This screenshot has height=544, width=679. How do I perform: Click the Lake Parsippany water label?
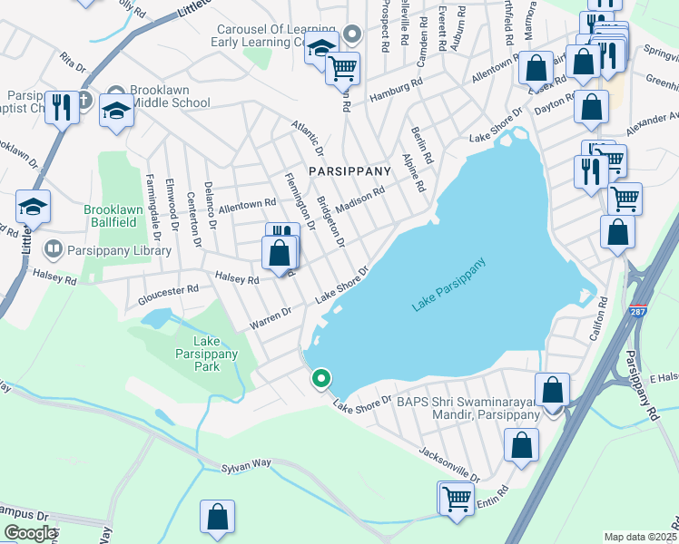click(449, 286)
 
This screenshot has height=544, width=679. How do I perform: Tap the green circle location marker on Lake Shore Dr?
click(320, 379)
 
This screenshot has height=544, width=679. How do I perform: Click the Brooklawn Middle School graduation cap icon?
click(116, 111)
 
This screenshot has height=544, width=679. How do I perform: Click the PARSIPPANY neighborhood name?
click(349, 170)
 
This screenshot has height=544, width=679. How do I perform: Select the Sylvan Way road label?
click(248, 464)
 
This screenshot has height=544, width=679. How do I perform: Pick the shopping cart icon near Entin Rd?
click(456, 497)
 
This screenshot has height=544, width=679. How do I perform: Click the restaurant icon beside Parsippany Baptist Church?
click(62, 108)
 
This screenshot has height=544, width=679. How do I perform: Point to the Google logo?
click(30, 533)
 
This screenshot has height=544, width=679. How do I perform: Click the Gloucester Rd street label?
click(168, 291)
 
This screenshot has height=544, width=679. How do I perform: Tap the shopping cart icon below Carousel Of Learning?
click(342, 67)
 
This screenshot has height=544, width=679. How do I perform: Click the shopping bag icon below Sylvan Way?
click(218, 516)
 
